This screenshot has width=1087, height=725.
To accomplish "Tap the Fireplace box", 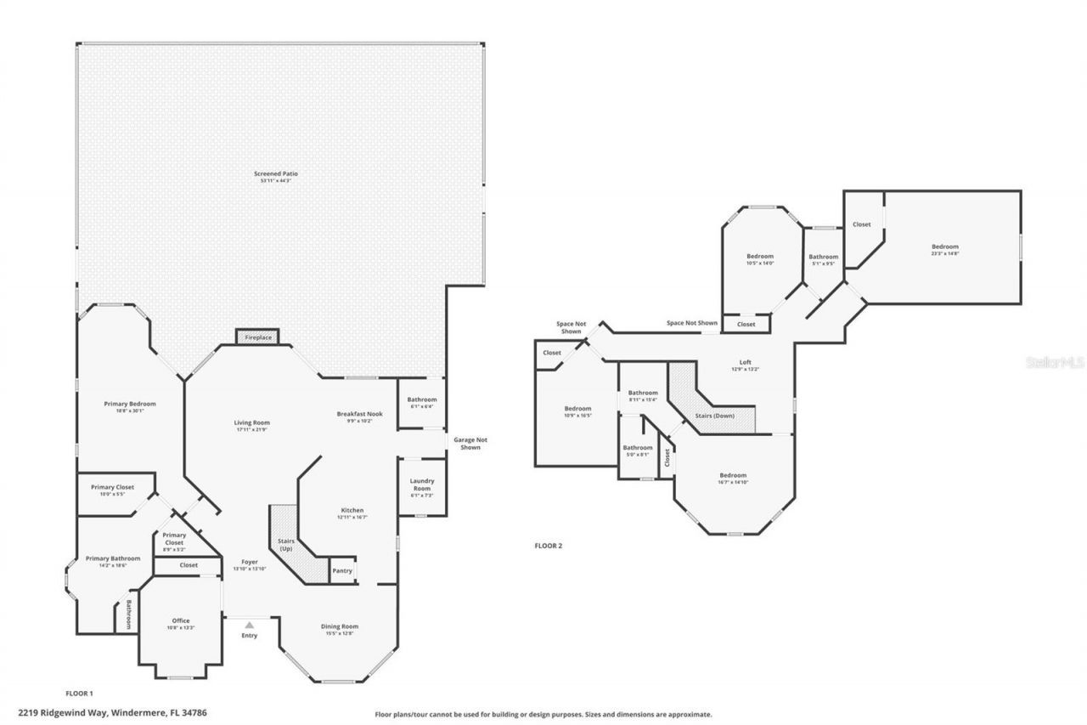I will pyautogui.click(x=258, y=337).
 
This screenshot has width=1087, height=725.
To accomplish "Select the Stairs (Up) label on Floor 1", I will pyautogui.click(x=285, y=544).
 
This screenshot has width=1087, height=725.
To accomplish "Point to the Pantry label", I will pyautogui.click(x=342, y=571).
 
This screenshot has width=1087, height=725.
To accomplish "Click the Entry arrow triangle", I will pyautogui.click(x=250, y=624).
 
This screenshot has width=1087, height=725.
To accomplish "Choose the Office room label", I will pyautogui.click(x=181, y=620).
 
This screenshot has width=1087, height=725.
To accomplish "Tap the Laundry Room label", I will pyautogui.click(x=422, y=484).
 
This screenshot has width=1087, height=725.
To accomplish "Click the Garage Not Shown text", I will pyautogui.click(x=470, y=443).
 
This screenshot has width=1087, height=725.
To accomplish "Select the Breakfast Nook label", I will pyautogui.click(x=359, y=414).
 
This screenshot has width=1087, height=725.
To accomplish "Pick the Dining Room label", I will pyautogui.click(x=340, y=626).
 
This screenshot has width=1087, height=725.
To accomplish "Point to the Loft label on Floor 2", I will pyautogui.click(x=745, y=362).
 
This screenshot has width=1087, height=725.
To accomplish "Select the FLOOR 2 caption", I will pyautogui.click(x=548, y=546).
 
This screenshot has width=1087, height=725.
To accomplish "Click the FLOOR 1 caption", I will pyautogui.click(x=79, y=694).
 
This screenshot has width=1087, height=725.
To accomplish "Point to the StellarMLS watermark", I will pyautogui.click(x=1055, y=362).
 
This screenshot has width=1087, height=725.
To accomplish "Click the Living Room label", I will pyautogui.click(x=252, y=422).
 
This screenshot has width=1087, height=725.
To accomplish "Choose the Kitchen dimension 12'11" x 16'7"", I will pyautogui.click(x=351, y=517).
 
